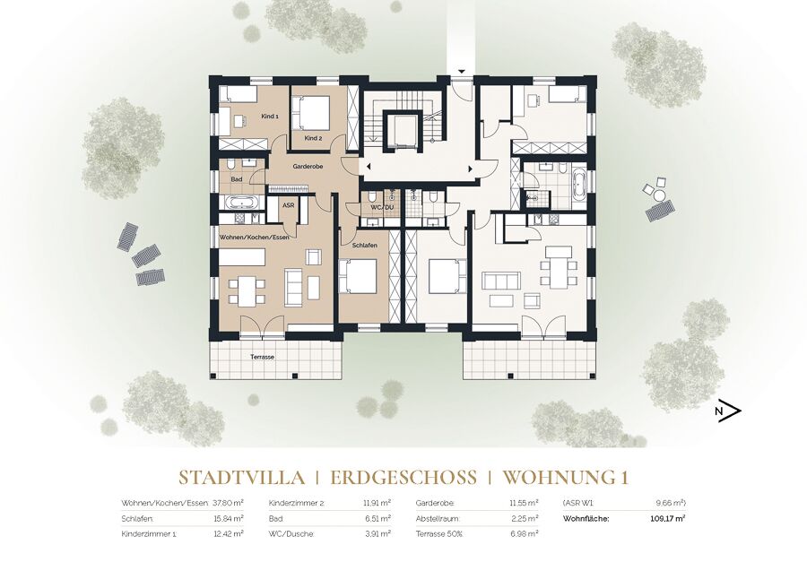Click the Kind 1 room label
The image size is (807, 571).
pyautogui.click(x=270, y=117)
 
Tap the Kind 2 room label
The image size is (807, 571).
pyautogui.click(x=313, y=138)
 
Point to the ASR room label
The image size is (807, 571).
pyautogui.click(x=288, y=205)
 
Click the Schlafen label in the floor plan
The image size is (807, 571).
pyautogui.click(x=365, y=246)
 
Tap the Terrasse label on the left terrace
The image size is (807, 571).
pyautogui.click(x=262, y=357)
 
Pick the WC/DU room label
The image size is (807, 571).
pyautogui.click(x=382, y=207)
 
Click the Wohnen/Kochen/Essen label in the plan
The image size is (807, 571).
pyautogui.click(x=255, y=238)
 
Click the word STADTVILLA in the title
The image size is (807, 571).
pyautogui.click(x=241, y=478)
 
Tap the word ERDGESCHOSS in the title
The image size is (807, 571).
pyautogui.click(x=403, y=478)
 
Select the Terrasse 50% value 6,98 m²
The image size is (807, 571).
pyautogui.click(x=525, y=534)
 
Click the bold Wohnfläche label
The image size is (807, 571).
pyautogui.click(x=586, y=518)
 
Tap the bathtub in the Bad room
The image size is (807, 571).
pyautogui.click(x=242, y=203)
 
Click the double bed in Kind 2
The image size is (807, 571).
pyautogui.click(x=311, y=113)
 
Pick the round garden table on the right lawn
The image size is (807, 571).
pyautogui.click(x=659, y=195)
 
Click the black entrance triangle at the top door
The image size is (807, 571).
pyautogui.click(x=462, y=72)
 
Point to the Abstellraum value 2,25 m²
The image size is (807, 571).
pyautogui.click(x=525, y=518)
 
